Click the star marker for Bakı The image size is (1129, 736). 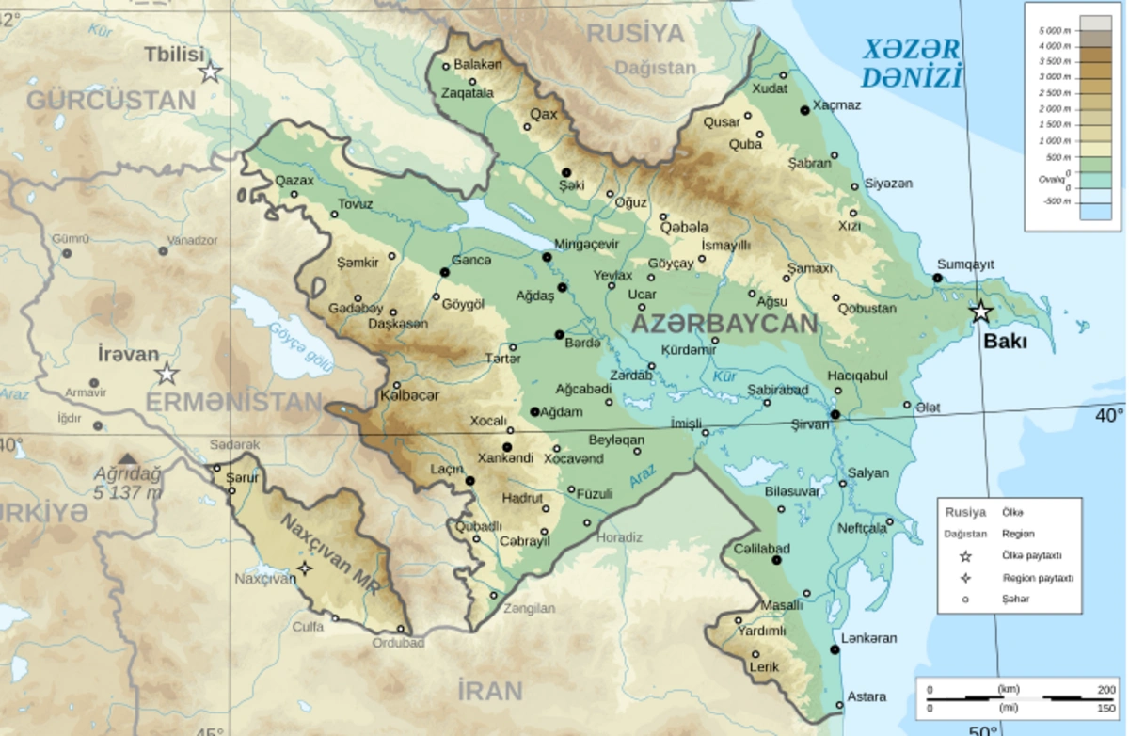(x=981, y=312)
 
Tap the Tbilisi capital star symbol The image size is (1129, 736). (x=211, y=72)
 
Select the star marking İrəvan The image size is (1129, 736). (x=167, y=374)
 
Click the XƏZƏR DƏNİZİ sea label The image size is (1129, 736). (x=912, y=63)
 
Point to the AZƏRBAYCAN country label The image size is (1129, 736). (x=724, y=324)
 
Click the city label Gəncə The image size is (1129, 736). (x=471, y=261)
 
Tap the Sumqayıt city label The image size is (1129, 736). (x=965, y=264)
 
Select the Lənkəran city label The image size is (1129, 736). (x=869, y=638)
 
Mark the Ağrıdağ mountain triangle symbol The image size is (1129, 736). (x=128, y=458)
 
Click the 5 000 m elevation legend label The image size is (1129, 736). (x=1056, y=31)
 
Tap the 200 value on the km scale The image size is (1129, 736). (x=1106, y=690)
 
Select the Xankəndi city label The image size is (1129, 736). (x=505, y=458)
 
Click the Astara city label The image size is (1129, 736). (x=867, y=697)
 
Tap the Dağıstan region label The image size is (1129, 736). (x=656, y=68)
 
